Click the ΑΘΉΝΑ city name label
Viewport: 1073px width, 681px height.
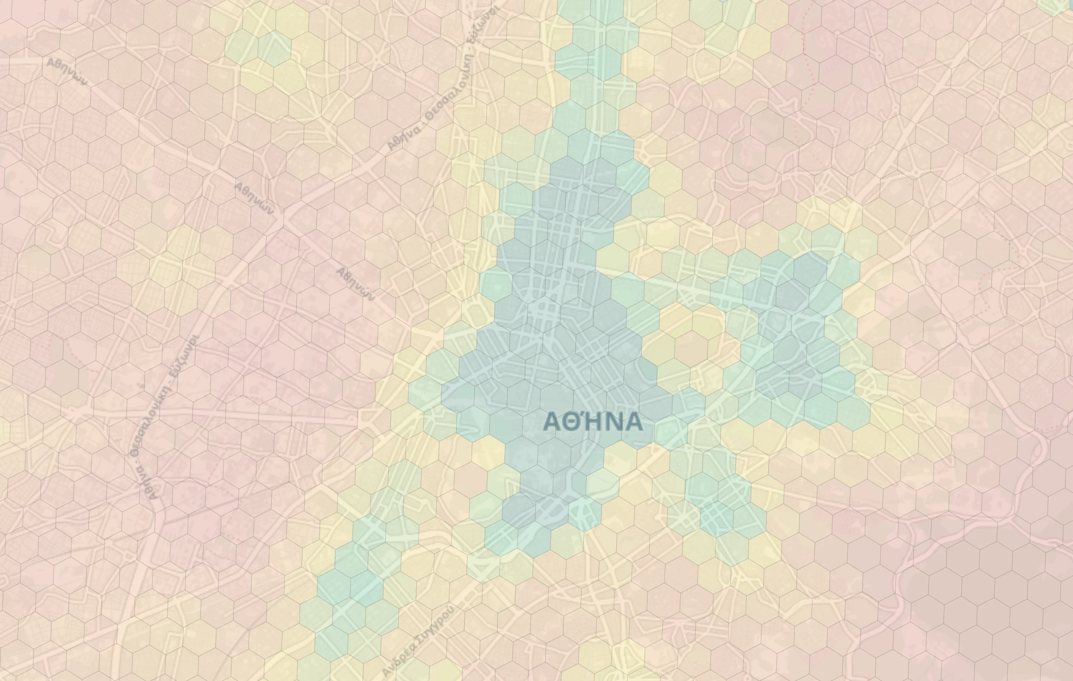[594, 422]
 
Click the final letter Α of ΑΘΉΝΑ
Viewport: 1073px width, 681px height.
[634, 422]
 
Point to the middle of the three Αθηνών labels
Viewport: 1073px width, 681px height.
[254, 198]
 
